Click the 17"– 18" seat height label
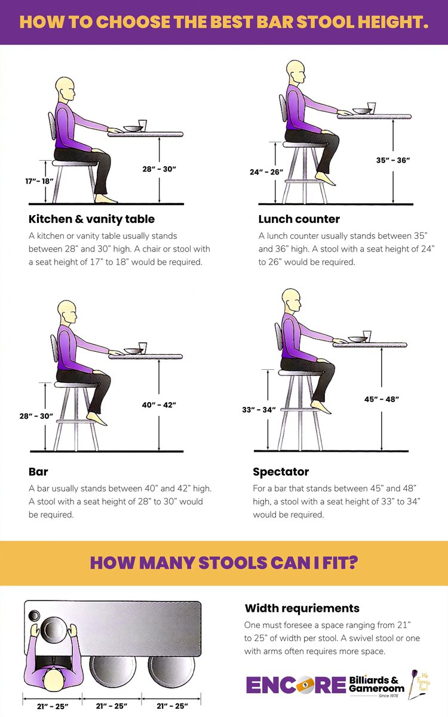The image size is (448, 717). [x=40, y=180]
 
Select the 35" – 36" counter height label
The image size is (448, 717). [x=393, y=160]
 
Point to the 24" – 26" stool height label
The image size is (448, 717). [x=267, y=172]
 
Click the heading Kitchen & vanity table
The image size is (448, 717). [x=91, y=219]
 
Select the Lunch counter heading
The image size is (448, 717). [x=299, y=219]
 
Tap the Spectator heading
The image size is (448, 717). [x=281, y=472]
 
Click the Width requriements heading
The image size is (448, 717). [x=302, y=608]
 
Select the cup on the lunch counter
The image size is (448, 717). [x=372, y=108]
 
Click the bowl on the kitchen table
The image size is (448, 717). [x=131, y=128]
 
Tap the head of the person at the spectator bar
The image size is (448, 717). [x=291, y=301]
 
